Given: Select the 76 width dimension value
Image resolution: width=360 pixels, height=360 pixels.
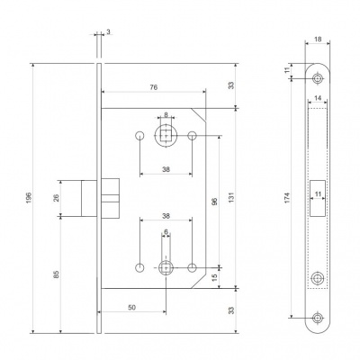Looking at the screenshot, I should (154, 87).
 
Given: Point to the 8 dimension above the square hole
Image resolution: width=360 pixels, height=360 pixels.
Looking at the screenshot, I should (166, 114).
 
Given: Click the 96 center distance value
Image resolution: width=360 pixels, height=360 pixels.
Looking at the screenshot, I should (214, 202).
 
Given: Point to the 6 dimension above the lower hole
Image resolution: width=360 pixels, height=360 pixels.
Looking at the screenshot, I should (166, 233).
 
